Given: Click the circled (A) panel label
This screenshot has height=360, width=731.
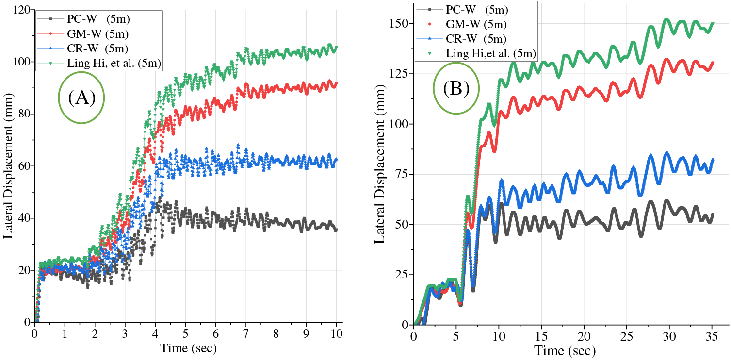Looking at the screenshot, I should (81, 98).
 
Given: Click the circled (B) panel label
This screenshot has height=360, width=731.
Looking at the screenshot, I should (456, 89).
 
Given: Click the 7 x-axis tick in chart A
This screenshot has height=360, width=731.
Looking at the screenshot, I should (246, 334).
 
